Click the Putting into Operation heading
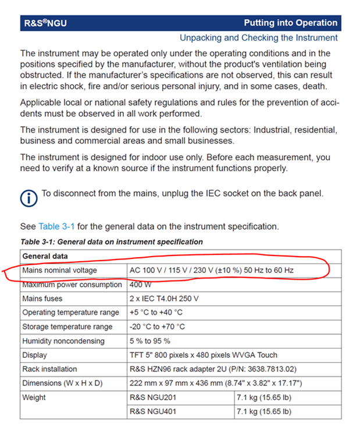coord(290,23)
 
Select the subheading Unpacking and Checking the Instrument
coord(258,38)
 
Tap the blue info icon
coord(28,198)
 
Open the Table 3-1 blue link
coord(56,226)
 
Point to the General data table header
coord(45,257)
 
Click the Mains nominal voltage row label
coord(59,271)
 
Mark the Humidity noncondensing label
coord(63,341)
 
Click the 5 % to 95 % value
coord(151,341)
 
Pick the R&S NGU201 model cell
coord(157,397)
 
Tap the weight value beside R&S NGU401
coord(265,411)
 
